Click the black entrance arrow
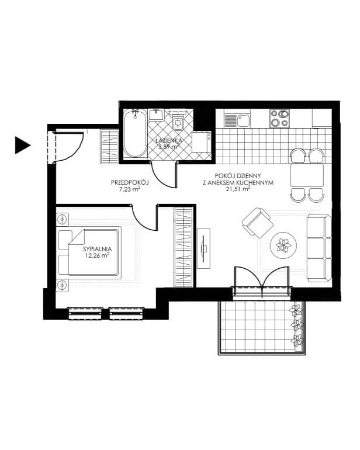[22, 145]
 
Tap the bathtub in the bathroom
[136, 133]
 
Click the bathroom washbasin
[157, 115]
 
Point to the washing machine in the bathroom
[202, 142]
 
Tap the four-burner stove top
[279, 118]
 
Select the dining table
[307, 175]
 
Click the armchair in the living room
[258, 223]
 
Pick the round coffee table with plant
[283, 245]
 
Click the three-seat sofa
[319, 248]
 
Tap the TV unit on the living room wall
[203, 248]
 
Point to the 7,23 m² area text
[130, 189]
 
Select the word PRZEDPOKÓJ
[130, 182]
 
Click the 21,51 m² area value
[238, 189]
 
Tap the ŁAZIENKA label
[168, 140]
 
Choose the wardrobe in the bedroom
[183, 247]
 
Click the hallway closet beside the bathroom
[109, 146]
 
